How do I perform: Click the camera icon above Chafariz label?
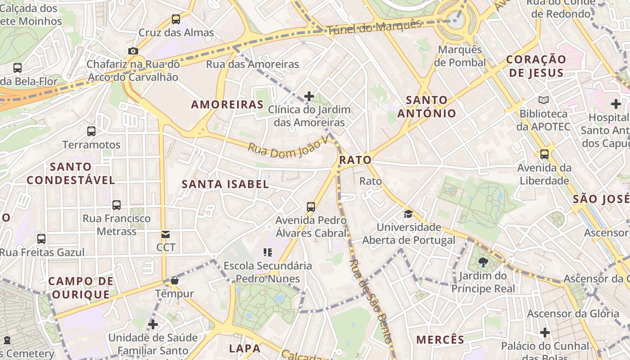(x=133, y=51)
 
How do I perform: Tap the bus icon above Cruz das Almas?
(x=176, y=19)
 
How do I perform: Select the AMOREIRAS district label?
(x=227, y=104)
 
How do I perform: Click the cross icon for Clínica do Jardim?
(x=309, y=96)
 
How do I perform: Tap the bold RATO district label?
(x=355, y=160)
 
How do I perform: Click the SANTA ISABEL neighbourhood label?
(x=225, y=184)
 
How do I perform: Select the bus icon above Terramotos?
(x=91, y=131)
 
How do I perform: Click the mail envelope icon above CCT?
(x=166, y=234)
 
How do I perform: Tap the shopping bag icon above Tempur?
(x=175, y=280)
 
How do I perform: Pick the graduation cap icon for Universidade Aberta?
(x=408, y=214)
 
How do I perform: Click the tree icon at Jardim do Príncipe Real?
(x=483, y=262)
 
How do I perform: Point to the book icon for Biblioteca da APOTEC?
(x=544, y=100)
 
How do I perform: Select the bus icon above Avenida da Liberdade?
(x=544, y=154)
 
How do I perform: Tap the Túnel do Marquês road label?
(x=374, y=27)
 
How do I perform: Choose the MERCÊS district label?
(x=440, y=339)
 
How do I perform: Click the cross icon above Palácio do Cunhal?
(x=545, y=333)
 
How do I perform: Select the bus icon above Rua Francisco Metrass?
(x=117, y=205)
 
